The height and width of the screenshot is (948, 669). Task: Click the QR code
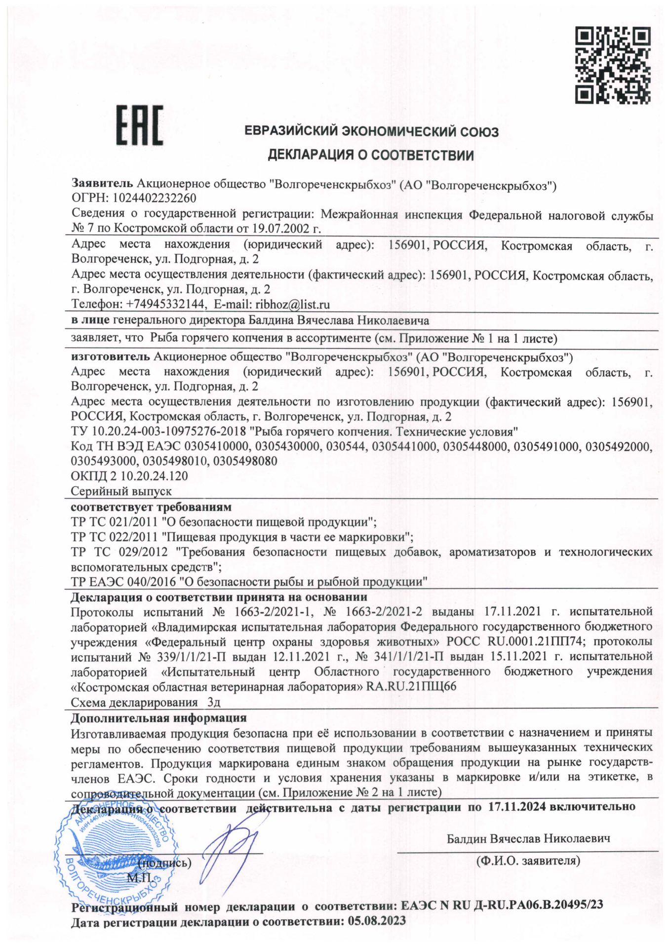pyautogui.click(x=612, y=66)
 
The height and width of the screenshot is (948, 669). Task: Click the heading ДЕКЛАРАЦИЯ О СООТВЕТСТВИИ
pyautogui.click(x=370, y=156)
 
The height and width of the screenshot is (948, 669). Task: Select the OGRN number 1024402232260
pyautogui.click(x=155, y=198)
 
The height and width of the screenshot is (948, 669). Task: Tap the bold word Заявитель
pyautogui.click(x=102, y=184)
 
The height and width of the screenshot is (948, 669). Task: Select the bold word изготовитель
pyautogui.click(x=111, y=356)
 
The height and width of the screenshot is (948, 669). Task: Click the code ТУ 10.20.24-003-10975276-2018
pyautogui.click(x=158, y=431)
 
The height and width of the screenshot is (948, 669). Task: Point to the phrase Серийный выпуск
pyautogui.click(x=121, y=491)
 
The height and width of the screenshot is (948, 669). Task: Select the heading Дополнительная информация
pyautogui.click(x=158, y=718)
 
